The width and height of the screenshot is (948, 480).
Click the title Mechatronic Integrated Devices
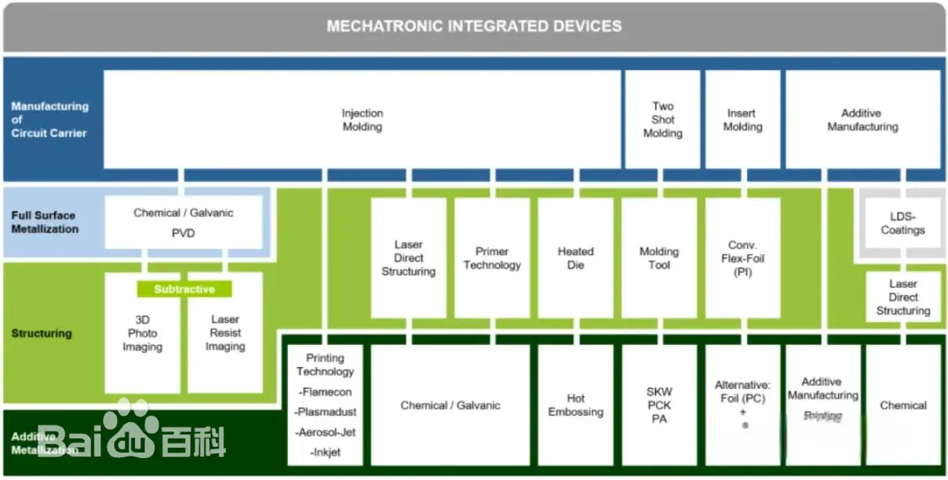(474, 26)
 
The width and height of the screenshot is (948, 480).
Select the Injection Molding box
(362, 120)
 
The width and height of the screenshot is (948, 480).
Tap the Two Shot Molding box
(662, 120)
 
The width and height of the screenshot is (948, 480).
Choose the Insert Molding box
(742, 120)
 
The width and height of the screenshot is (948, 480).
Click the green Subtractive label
(184, 289)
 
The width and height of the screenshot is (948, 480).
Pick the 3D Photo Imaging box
(142, 333)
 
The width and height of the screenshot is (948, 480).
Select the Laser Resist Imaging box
(225, 333)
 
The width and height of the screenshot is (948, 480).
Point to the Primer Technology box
(492, 258)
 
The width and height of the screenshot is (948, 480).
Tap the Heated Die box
(575, 258)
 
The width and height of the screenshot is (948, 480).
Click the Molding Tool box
(659, 258)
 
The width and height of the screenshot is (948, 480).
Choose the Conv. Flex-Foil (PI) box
(742, 258)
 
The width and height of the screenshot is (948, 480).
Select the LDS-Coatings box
(902, 224)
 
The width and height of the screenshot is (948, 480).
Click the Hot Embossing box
(575, 405)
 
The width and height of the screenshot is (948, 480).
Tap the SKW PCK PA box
(659, 405)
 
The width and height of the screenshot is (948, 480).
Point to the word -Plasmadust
(326, 412)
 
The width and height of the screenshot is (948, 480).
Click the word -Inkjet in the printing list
(326, 453)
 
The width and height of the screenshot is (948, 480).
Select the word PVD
(183, 233)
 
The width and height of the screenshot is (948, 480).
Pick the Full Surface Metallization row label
(45, 222)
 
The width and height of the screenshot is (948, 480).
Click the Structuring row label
(42, 333)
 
